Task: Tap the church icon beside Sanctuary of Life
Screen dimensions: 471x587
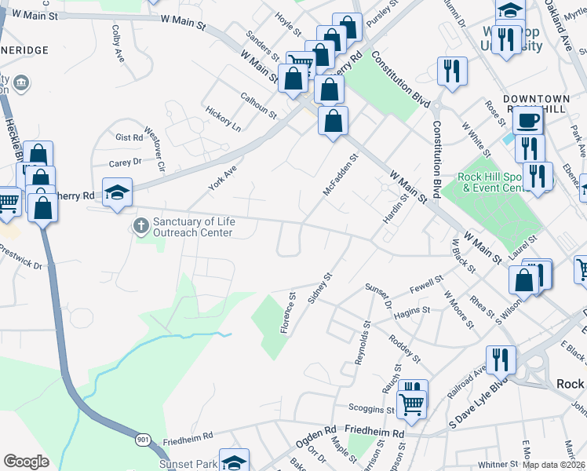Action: pos(141,227)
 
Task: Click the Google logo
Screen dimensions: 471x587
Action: pos(26,462)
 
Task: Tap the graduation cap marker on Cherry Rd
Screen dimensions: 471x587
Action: pos(117,192)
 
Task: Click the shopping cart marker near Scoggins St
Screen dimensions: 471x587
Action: pos(412,403)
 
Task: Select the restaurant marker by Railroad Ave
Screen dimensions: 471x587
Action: pos(501,359)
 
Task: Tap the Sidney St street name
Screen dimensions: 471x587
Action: pos(321,287)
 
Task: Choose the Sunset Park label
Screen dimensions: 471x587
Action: pos(188,464)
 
